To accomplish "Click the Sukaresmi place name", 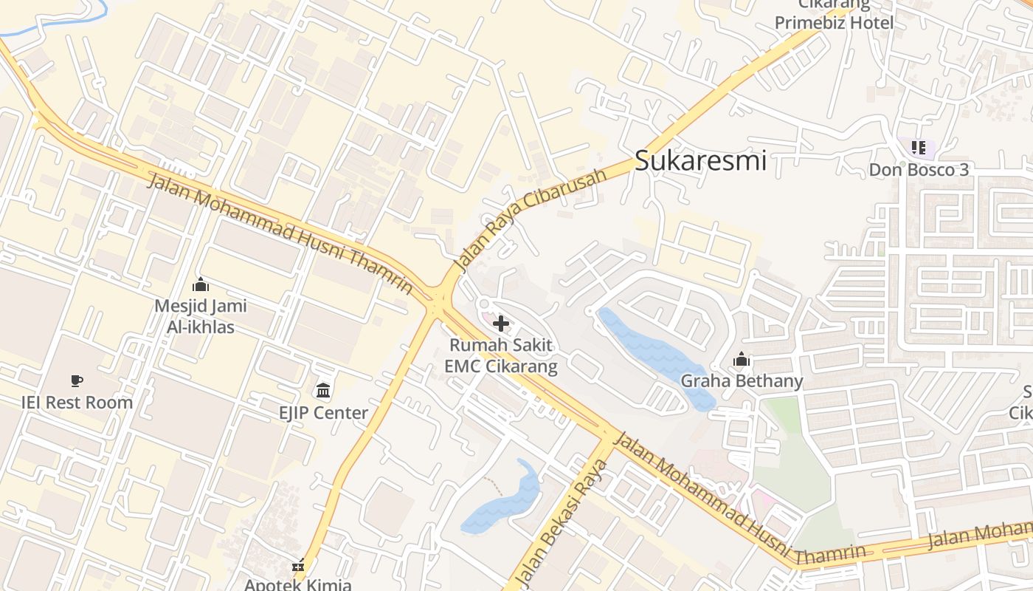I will pos(700,160).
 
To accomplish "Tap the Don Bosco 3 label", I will pos(918,170).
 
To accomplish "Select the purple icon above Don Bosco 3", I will pos(918,148).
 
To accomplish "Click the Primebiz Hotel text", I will pos(834,22).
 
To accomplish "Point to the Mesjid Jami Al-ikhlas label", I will pos(201,316).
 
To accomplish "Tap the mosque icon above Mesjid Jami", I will pos(201,284).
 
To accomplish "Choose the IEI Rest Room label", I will pos(77,403).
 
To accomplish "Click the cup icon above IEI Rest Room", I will pos(77,381).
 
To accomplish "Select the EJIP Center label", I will pos(323,413).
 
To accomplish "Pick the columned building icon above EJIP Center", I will pos(323,390).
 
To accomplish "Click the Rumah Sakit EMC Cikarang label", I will pos(501,355).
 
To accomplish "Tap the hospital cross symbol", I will pos(501,323).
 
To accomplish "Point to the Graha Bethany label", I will pos(742,381).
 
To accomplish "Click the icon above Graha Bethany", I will pos(742,360).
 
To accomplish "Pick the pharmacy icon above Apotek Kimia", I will pos(298,567).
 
